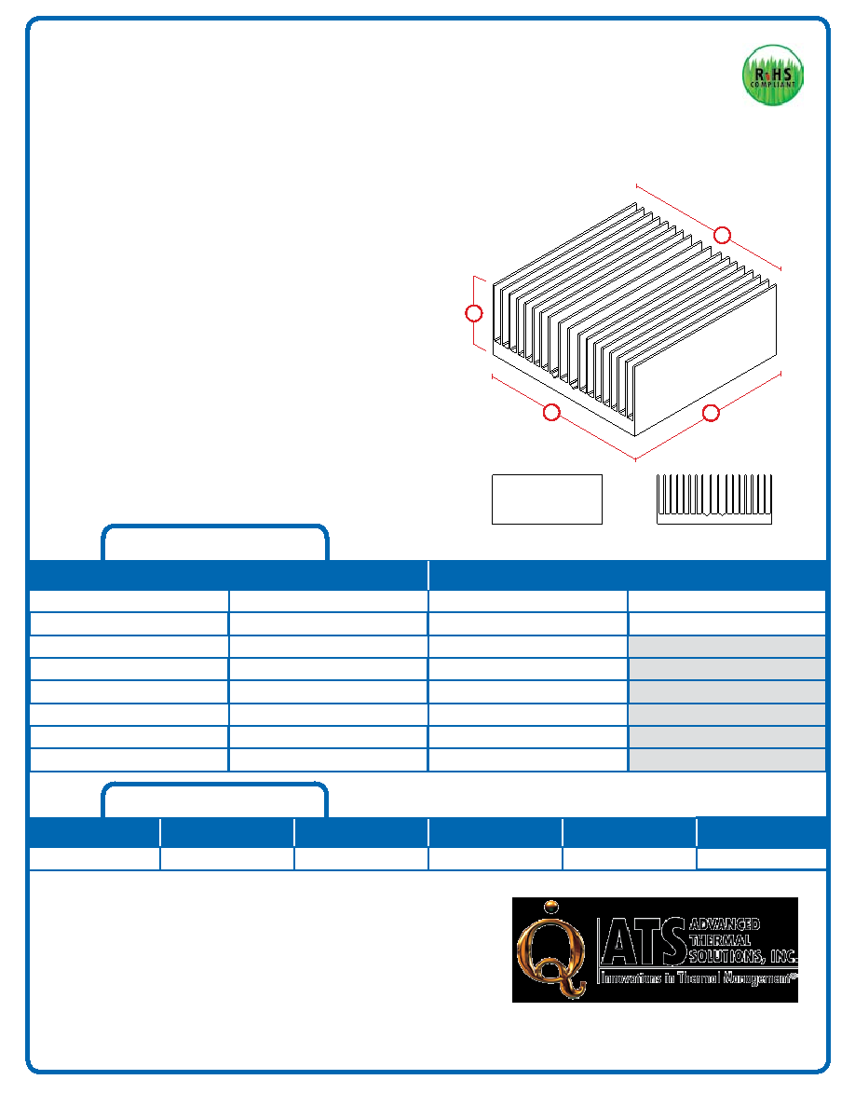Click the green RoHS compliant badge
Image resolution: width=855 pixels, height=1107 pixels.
click(772, 75)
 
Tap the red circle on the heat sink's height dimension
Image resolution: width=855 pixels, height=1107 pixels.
click(474, 313)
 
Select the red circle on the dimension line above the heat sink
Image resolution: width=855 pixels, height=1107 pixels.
click(722, 235)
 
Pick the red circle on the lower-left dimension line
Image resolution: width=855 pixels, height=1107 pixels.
click(551, 412)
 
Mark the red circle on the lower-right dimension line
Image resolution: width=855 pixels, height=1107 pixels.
click(711, 413)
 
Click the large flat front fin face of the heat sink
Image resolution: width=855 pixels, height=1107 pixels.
click(705, 360)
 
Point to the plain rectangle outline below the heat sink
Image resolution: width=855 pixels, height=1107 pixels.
click(547, 499)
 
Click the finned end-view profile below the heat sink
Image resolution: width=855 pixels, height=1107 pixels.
click(714, 499)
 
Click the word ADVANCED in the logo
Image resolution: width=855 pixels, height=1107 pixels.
click(725, 924)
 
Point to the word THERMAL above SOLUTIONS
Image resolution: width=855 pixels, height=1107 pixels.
click(720, 940)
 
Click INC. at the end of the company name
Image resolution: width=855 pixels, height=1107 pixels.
click(783, 957)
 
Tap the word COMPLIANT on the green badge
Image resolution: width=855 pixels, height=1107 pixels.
click(772, 85)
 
